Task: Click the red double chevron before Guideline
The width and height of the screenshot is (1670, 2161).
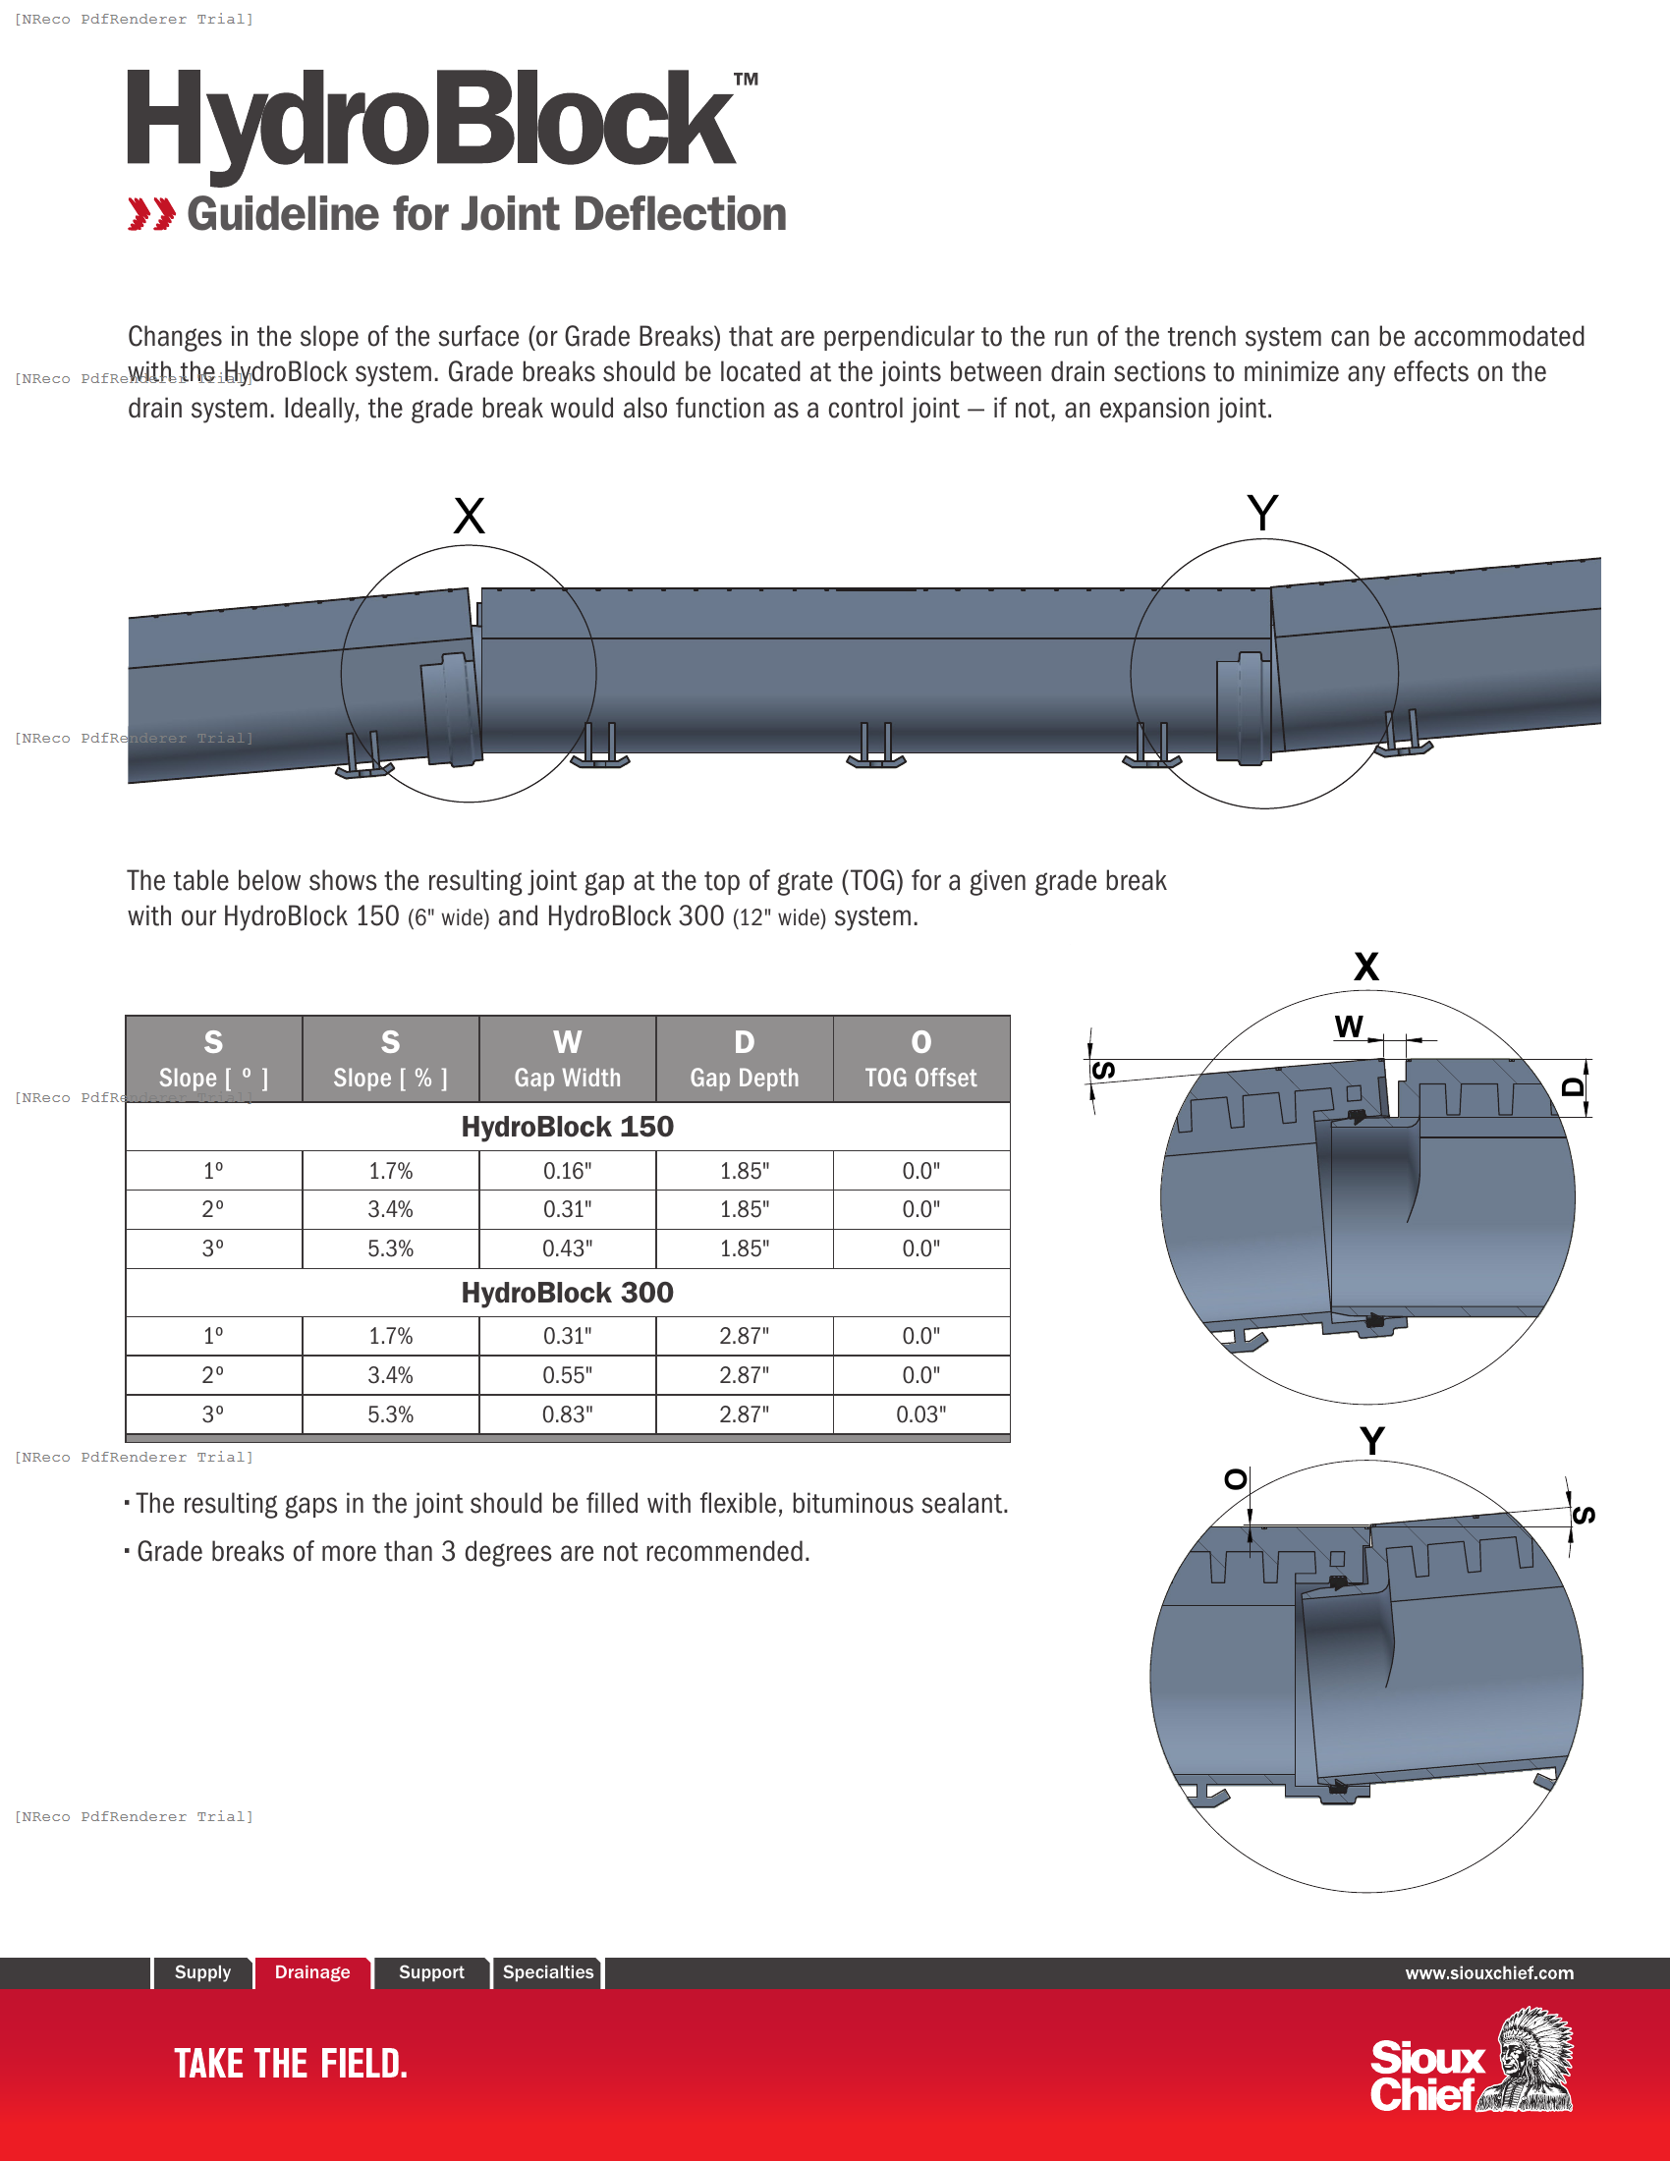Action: [x=151, y=214]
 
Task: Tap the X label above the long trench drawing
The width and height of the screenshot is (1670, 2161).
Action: [x=469, y=517]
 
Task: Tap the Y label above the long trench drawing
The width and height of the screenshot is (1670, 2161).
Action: [x=1262, y=514]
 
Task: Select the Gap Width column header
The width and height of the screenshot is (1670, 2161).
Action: [x=567, y=1059]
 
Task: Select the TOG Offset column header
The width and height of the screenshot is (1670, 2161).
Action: [x=920, y=1059]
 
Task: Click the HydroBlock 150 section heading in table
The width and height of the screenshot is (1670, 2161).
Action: [x=567, y=1126]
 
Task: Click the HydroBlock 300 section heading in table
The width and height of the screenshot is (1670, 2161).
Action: [x=567, y=1293]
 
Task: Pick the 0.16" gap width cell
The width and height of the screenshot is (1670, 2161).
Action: [x=567, y=1171]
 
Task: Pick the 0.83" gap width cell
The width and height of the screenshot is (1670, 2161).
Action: [x=567, y=1413]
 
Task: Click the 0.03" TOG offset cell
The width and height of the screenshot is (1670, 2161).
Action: [x=920, y=1413]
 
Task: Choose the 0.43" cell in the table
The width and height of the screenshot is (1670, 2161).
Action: [x=567, y=1248]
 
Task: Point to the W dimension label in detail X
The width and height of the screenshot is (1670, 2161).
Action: [x=1348, y=1026]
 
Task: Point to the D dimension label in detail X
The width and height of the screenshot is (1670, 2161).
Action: [x=1572, y=1086]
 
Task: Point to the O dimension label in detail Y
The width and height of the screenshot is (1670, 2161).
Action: [x=1235, y=1479]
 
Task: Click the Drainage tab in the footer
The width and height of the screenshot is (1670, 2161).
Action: [x=311, y=1972]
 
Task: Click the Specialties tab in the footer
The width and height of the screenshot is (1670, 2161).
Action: [x=548, y=1972]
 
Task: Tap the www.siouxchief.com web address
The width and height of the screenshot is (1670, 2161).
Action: [x=1489, y=1973]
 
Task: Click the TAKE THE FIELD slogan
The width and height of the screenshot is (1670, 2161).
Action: [x=291, y=2064]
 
